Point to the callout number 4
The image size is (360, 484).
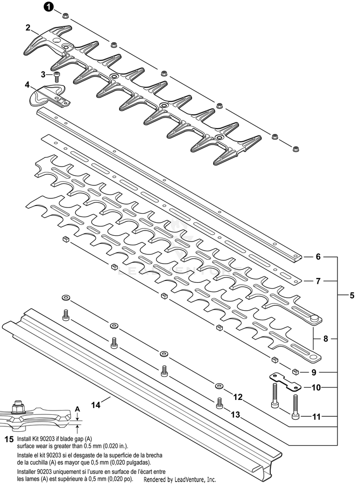click(27, 85)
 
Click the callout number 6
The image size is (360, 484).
click(318, 257)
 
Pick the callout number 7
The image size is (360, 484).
click(318, 280)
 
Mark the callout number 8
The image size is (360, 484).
click(325, 339)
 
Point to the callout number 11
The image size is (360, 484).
click(316, 417)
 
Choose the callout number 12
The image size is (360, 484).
click(237, 397)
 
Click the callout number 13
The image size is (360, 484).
click(236, 414)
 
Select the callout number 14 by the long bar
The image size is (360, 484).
click(96, 405)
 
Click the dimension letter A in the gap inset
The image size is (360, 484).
click(77, 409)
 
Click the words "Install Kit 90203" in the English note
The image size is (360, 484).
click(38, 439)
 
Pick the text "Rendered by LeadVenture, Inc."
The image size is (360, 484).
click(180, 479)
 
